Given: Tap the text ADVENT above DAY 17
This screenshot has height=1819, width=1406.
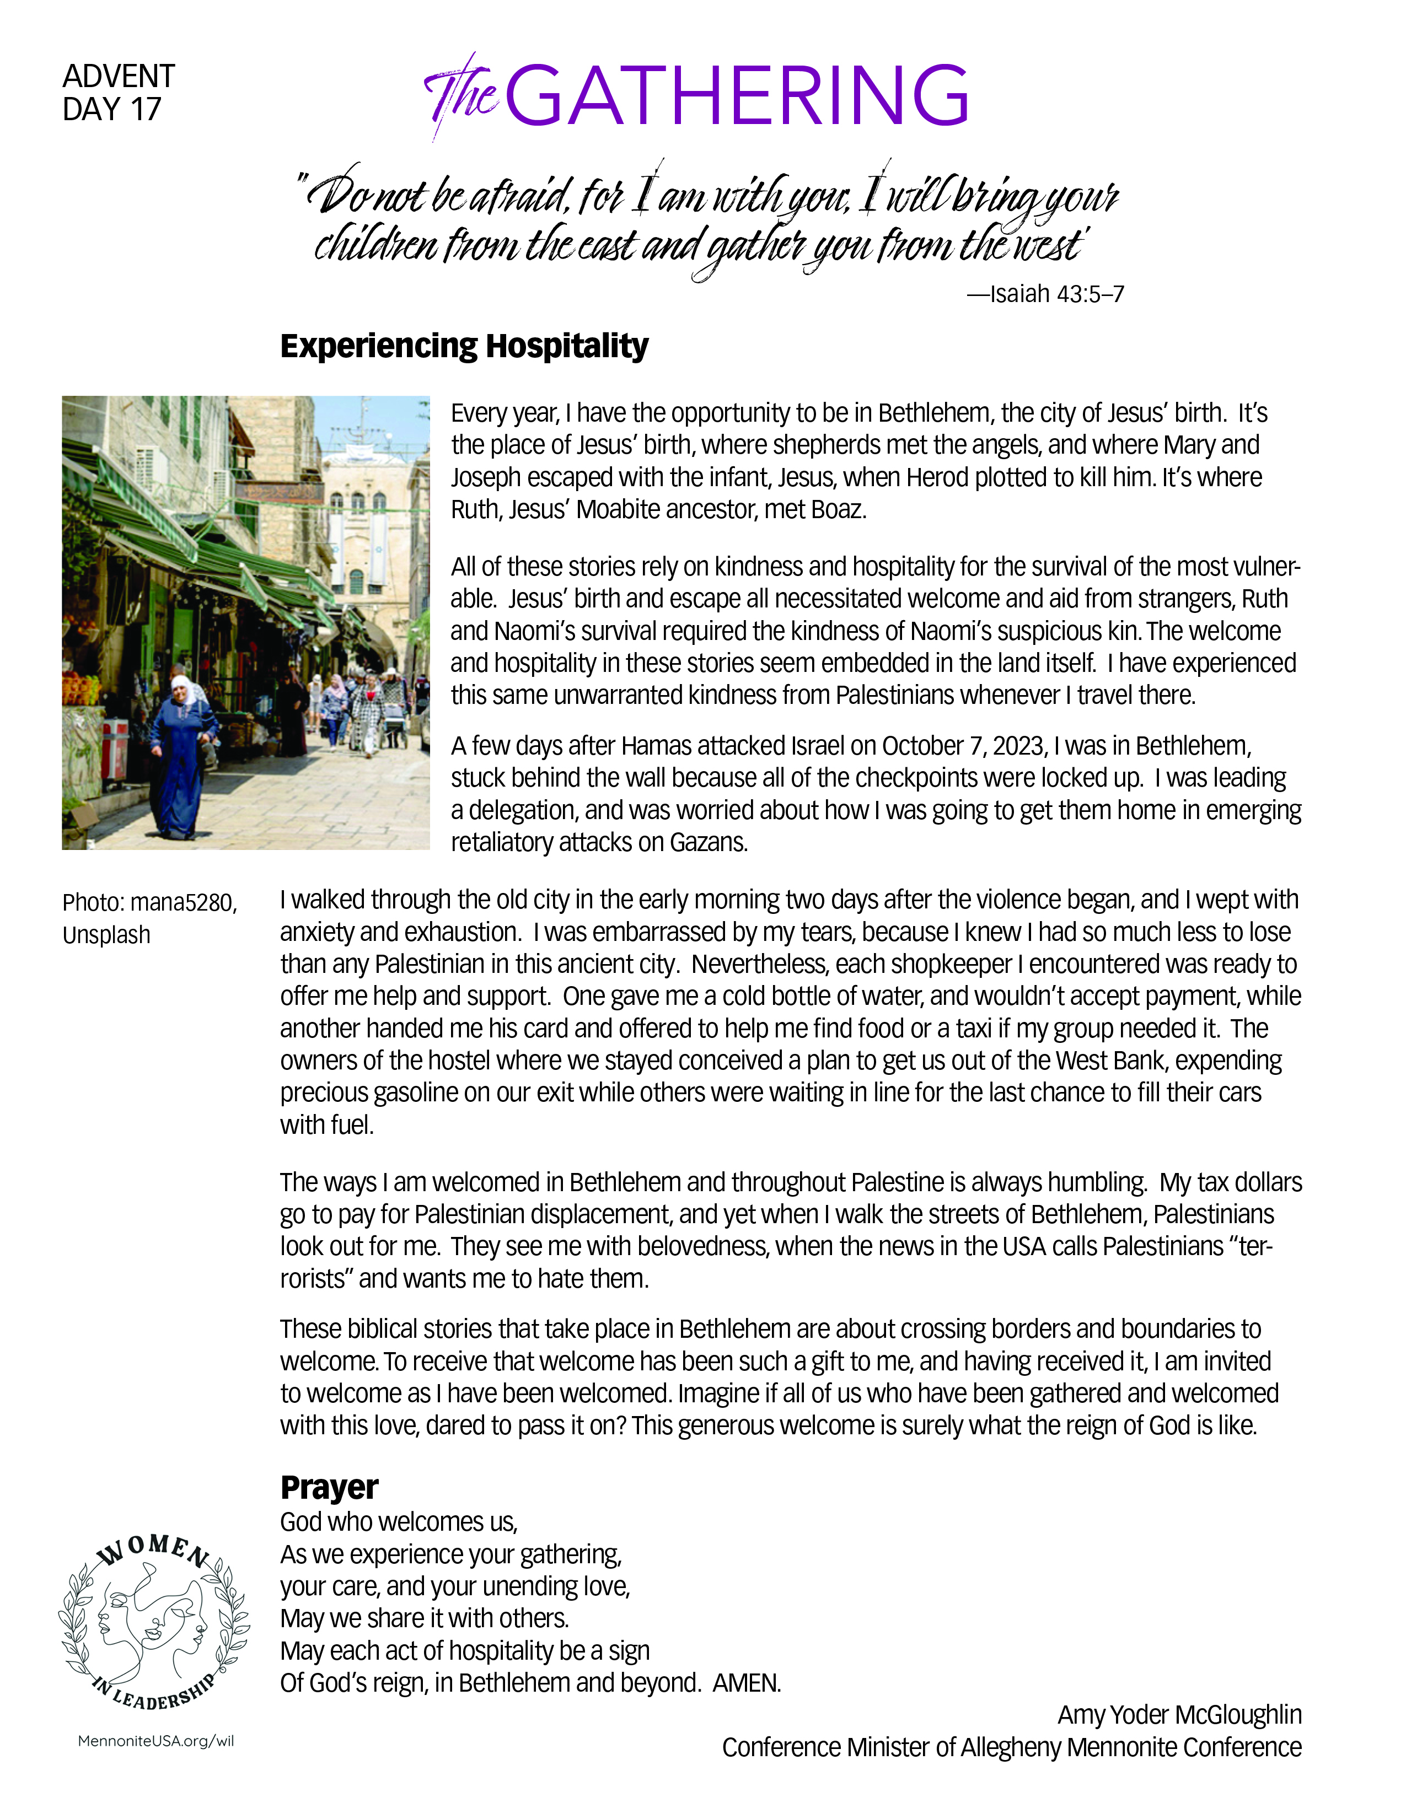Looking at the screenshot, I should [119, 76].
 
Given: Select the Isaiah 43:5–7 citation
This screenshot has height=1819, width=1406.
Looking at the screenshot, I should [1045, 294].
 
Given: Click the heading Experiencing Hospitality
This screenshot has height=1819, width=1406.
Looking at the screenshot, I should [463, 346].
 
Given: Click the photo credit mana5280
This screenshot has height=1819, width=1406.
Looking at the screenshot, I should [183, 903].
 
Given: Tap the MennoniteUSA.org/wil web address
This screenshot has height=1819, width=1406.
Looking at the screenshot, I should [155, 1741].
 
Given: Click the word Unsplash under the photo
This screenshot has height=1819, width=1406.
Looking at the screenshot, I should [106, 935].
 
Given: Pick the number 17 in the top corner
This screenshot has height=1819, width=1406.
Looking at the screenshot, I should [145, 109].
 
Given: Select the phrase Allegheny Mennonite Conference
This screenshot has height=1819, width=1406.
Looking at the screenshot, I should [1130, 1747].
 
